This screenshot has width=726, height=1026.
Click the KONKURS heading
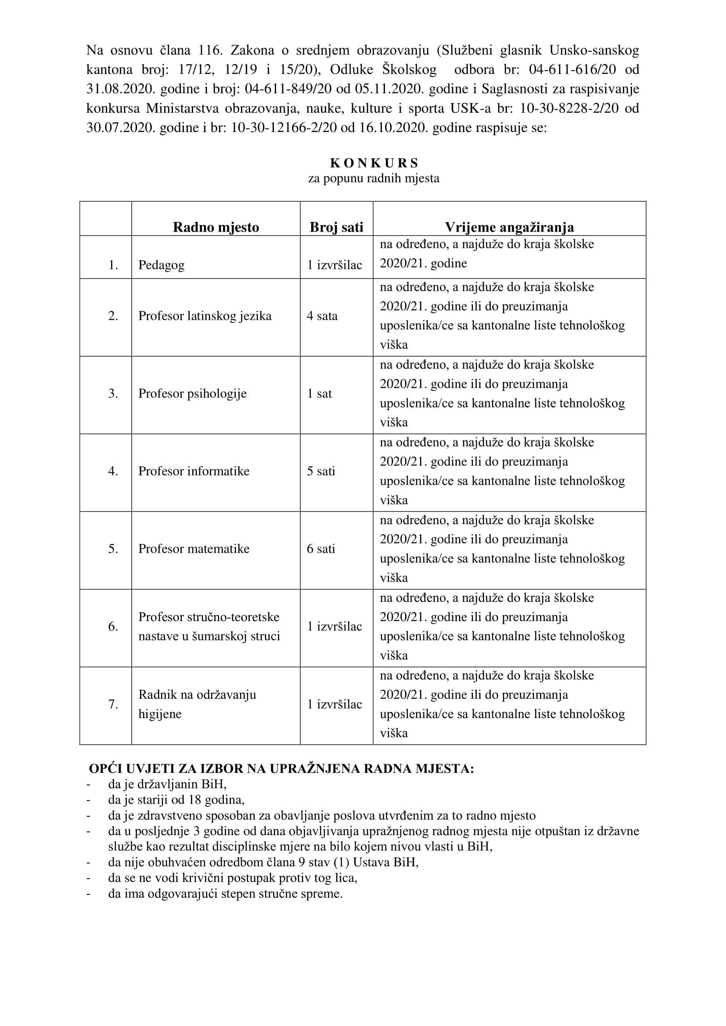(x=374, y=163)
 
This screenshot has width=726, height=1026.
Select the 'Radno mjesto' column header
(x=216, y=227)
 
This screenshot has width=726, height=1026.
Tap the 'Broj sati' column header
(x=336, y=227)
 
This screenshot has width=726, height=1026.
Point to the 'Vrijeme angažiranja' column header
(x=509, y=227)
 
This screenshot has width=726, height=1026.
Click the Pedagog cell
(x=161, y=265)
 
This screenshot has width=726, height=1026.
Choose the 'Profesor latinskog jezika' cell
(x=205, y=316)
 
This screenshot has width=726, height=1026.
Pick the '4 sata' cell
(x=322, y=316)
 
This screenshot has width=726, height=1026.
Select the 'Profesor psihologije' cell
(x=192, y=393)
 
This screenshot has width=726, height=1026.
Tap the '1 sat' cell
(x=319, y=393)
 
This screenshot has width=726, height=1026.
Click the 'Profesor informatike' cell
(x=194, y=471)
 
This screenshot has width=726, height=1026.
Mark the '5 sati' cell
(x=320, y=471)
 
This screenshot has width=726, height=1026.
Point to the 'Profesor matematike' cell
(x=194, y=549)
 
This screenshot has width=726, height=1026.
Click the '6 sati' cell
(x=320, y=549)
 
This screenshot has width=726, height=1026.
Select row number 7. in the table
(x=113, y=704)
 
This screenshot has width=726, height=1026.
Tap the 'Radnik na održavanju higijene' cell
(x=197, y=704)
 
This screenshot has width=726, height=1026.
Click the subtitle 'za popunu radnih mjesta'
(x=374, y=178)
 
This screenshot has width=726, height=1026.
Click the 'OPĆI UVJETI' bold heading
(x=281, y=769)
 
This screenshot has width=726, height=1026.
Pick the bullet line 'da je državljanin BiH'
(x=167, y=784)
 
